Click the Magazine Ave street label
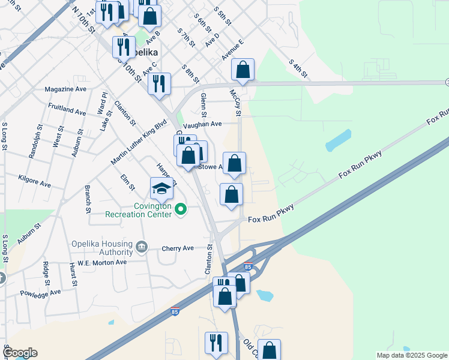[65, 89]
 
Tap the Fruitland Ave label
[67, 111]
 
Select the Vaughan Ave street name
[202, 124]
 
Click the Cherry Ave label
[178, 248]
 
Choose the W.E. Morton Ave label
[106, 262]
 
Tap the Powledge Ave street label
[41, 293]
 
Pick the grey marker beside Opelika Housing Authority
[142, 246]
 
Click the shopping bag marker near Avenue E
[243, 70]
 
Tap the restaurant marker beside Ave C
[159, 85]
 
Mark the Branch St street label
[88, 199]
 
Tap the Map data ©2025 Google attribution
[411, 355]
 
